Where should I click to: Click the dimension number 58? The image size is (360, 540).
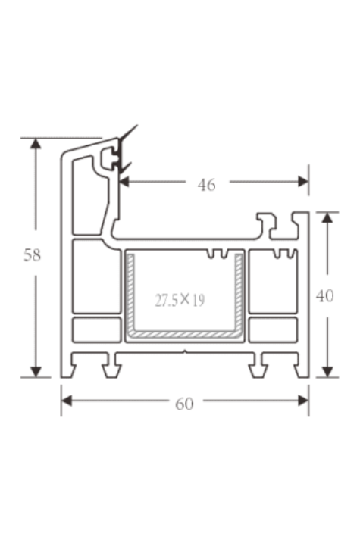click(x=32, y=255)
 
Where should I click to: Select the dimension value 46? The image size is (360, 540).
click(x=206, y=184)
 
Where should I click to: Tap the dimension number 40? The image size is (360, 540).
click(x=325, y=296)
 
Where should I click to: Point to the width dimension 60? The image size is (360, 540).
click(x=184, y=404)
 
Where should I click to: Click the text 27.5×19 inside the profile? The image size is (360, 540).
click(x=180, y=300)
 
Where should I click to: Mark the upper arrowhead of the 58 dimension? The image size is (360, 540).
click(x=35, y=145)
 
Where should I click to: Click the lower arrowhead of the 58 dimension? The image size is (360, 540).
click(x=35, y=370)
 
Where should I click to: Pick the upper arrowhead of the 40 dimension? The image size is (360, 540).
click(x=327, y=218)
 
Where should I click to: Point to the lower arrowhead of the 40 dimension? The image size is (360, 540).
click(x=327, y=370)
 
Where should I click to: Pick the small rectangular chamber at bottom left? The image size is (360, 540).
click(x=96, y=329)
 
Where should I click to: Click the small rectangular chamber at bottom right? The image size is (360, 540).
click(x=272, y=329)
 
